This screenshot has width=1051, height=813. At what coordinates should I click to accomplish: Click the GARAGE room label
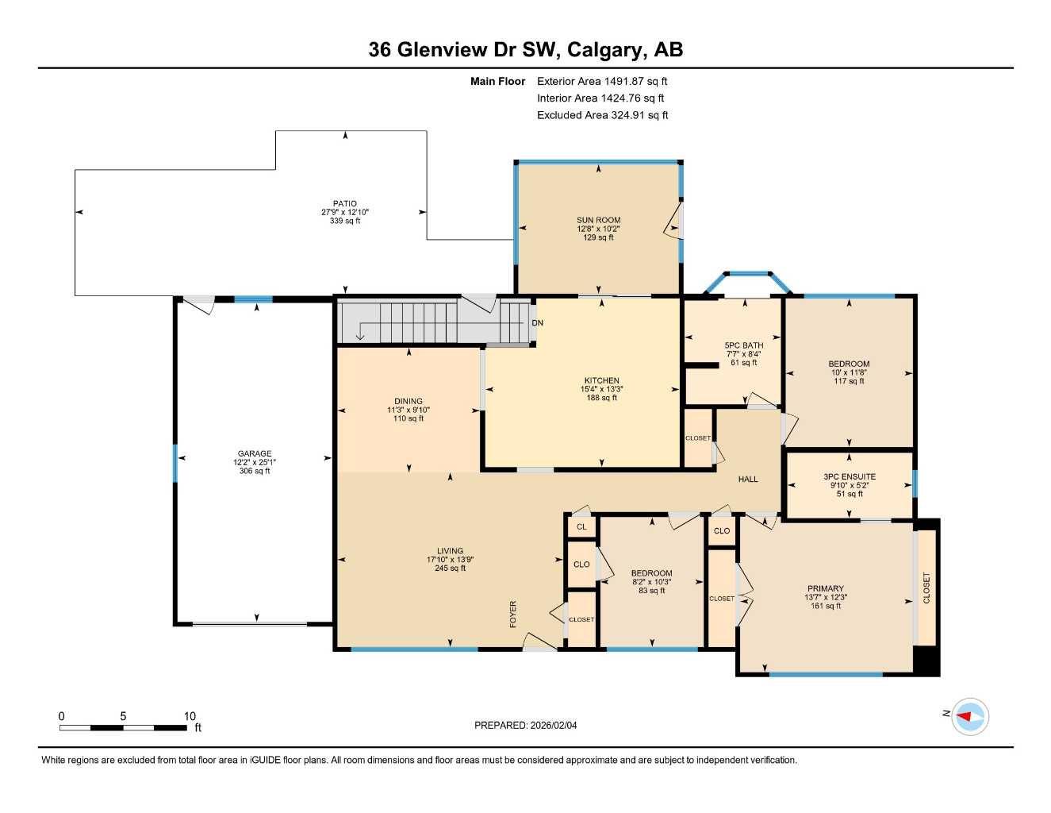255,453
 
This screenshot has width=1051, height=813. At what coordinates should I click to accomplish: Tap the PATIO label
344,204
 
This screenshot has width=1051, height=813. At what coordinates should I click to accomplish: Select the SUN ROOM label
598,220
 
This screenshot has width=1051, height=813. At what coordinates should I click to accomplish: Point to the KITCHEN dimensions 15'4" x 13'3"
602,389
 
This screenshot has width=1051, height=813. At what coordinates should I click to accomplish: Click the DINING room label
409,401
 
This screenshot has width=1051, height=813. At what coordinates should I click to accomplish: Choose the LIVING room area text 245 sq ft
450,568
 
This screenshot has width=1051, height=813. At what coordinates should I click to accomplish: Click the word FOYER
513,615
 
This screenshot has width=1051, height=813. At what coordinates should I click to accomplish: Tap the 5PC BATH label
743,345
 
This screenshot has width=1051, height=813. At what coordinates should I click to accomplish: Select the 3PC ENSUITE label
850,476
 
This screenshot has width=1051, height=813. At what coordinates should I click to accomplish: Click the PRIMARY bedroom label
825,589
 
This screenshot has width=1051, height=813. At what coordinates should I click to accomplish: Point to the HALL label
748,479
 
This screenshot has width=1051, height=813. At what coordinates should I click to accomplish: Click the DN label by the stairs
537,323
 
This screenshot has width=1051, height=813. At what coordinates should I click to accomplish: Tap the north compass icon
969,716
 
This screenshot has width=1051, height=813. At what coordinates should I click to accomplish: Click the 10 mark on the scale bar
190,716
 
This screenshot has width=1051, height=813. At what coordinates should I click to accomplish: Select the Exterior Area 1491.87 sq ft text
602,81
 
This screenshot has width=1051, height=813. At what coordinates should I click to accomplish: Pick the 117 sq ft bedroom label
850,364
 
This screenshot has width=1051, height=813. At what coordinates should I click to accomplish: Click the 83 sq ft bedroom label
651,572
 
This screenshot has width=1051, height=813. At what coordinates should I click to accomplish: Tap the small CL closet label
581,527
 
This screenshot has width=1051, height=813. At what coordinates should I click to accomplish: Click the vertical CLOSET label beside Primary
926,588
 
